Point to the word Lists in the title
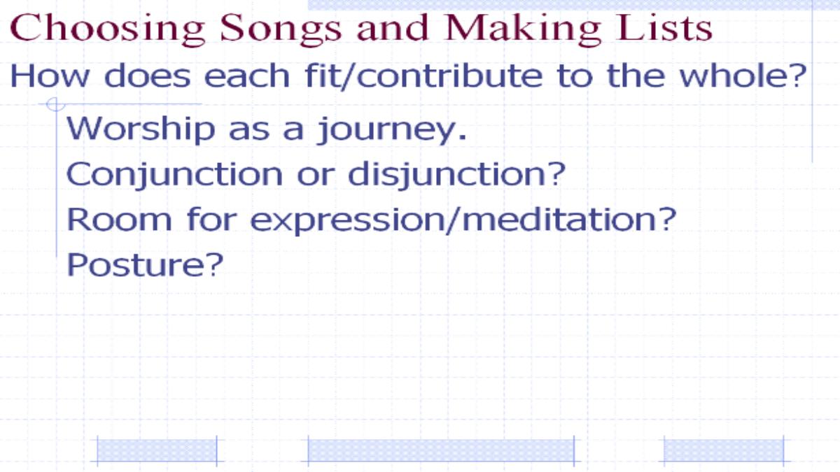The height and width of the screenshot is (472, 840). tap(664, 27)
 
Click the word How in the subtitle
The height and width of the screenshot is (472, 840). tap(49, 76)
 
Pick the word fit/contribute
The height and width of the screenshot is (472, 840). tap(423, 76)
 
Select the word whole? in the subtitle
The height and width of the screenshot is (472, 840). tap(743, 76)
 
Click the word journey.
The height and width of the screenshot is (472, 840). tap(392, 130)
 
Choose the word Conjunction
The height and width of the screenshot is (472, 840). tap(174, 175)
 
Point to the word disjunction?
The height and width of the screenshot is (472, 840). tap(456, 175)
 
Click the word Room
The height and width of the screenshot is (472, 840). tap(119, 220)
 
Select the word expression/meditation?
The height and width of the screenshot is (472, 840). tap(463, 221)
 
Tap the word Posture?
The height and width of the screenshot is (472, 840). tap(145, 264)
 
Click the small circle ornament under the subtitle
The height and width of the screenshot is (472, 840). tap(56, 104)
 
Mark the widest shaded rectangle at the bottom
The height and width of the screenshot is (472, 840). tap(441, 451)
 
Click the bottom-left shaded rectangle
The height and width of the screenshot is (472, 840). tap(157, 451)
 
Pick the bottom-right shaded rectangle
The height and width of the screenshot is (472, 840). tap(724, 451)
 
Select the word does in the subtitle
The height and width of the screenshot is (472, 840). tap(147, 76)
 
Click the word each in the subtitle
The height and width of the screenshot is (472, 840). tap(246, 76)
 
